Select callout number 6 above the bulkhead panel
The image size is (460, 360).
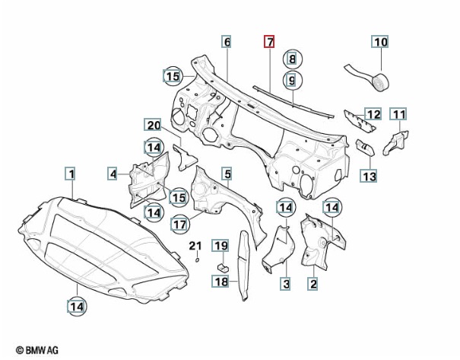[227, 42]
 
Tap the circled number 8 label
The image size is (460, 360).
[293, 58]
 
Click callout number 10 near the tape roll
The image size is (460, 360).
[380, 42]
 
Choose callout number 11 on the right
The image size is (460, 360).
[399, 115]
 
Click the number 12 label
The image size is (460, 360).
[373, 115]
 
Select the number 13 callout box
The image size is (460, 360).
[369, 177]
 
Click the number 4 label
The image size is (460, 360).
[113, 174]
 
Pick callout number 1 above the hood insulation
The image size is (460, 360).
[69, 174]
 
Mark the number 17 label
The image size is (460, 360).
[179, 225]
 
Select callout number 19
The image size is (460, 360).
[220, 245]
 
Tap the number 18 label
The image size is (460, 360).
[220, 282]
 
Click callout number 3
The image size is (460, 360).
[286, 284]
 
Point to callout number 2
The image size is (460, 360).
[312, 284]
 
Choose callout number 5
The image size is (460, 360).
[227, 175]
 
